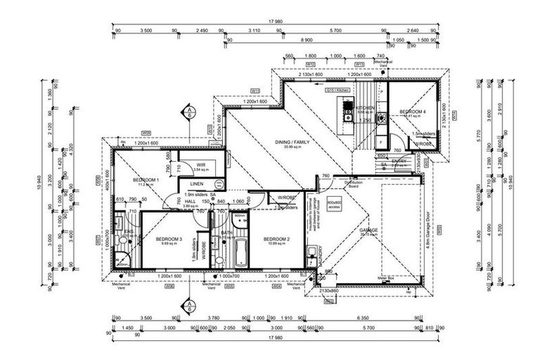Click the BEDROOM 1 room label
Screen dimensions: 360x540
[x=150, y=181]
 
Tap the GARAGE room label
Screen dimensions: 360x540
[x=369, y=230]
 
